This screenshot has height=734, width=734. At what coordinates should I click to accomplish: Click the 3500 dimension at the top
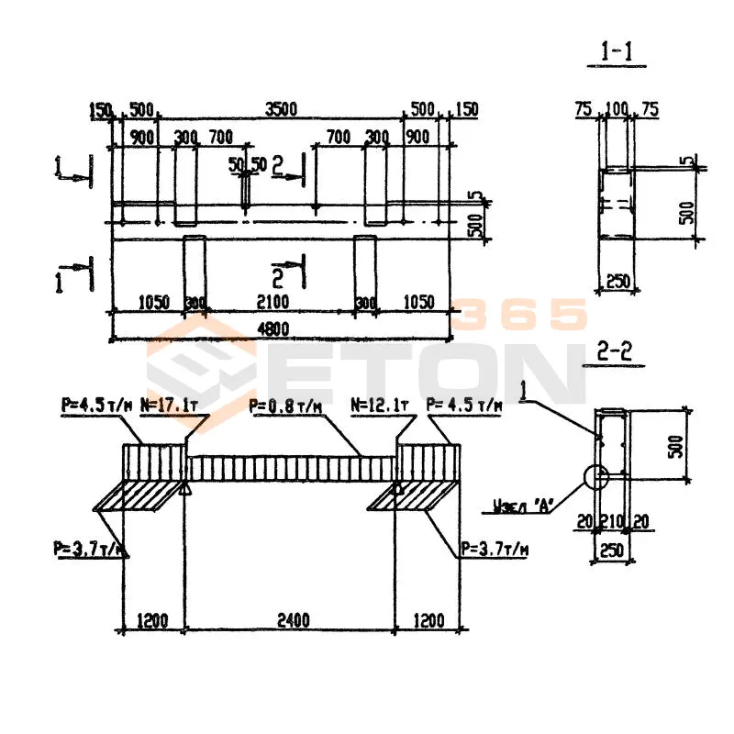[282, 109]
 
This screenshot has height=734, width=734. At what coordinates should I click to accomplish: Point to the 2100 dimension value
[272, 302]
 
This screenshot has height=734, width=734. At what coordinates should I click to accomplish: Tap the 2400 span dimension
[292, 620]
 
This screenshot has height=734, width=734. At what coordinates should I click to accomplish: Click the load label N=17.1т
[171, 405]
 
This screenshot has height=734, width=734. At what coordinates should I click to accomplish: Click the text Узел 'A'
[520, 504]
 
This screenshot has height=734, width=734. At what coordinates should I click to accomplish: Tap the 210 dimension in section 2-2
[613, 522]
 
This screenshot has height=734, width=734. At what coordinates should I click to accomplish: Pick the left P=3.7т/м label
[90, 550]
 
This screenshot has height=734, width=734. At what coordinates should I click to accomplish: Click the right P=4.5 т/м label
[464, 405]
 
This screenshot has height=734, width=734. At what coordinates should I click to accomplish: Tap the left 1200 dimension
[152, 620]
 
